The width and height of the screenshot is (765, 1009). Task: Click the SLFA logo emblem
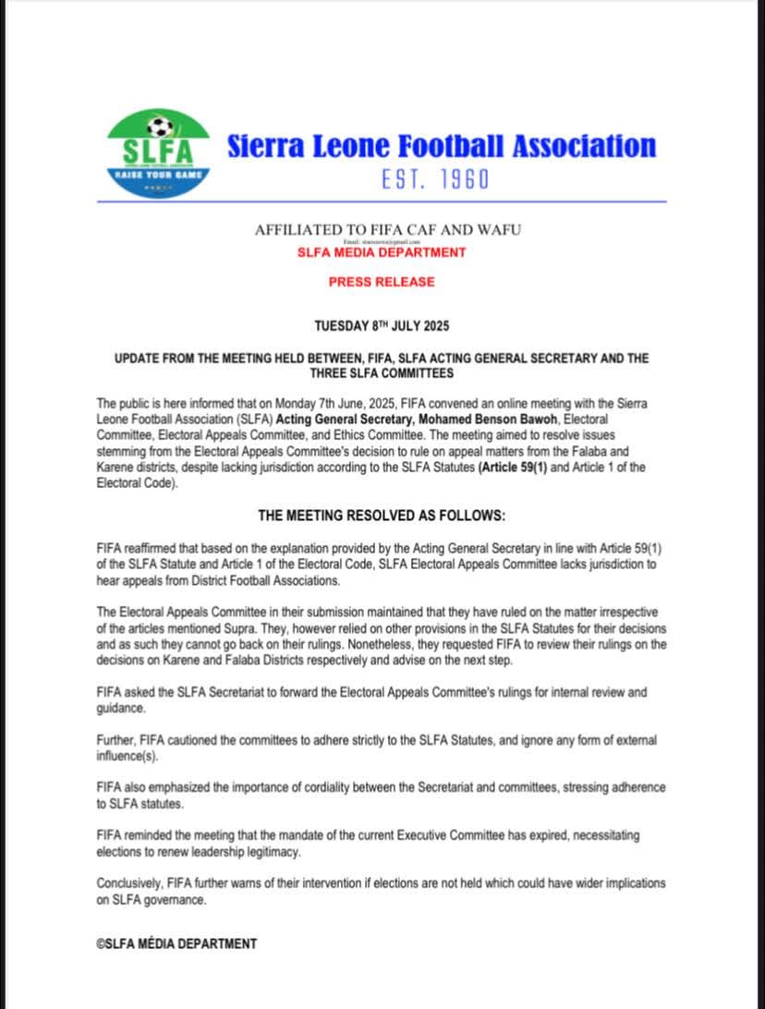click(158, 152)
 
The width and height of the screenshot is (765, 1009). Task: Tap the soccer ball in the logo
click(159, 126)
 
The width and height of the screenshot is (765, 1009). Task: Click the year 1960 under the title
click(464, 179)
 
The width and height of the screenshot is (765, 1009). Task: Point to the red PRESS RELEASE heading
click(381, 281)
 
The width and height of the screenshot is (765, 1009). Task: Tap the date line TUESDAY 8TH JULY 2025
click(381, 326)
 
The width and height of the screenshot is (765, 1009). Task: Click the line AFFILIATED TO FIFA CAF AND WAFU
click(387, 229)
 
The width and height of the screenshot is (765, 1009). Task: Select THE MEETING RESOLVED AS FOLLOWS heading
click(381, 515)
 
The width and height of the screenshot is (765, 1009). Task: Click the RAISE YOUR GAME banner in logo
click(158, 174)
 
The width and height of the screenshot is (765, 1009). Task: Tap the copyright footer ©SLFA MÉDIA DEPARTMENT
click(176, 943)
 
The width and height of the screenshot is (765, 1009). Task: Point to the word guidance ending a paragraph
click(120, 709)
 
